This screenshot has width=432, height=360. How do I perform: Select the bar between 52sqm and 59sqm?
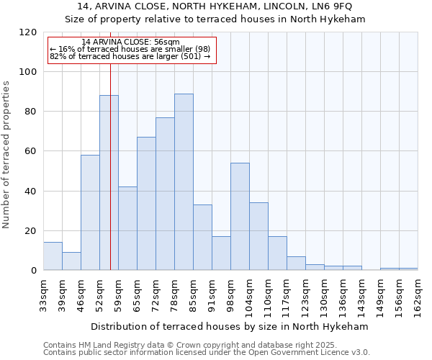coord(109,183)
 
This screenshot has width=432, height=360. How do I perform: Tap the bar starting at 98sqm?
coord(240,217)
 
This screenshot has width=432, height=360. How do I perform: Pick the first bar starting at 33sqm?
coord(53,256)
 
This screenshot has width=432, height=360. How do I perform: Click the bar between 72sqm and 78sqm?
coord(165,194)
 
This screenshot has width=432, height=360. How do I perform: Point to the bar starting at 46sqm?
coord(90,212)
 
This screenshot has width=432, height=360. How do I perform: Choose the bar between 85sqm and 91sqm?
coord(202,238)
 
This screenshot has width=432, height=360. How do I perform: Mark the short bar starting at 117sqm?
coord(296,264)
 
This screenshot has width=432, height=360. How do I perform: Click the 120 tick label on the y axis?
coord(28,32)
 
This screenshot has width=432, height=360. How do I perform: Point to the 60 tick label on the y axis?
coord(31,151)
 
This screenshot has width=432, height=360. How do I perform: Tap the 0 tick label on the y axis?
coord(34,271)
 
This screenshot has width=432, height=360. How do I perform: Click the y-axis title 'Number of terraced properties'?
coord(7,155)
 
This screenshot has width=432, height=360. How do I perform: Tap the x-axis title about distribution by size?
coord(230,326)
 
